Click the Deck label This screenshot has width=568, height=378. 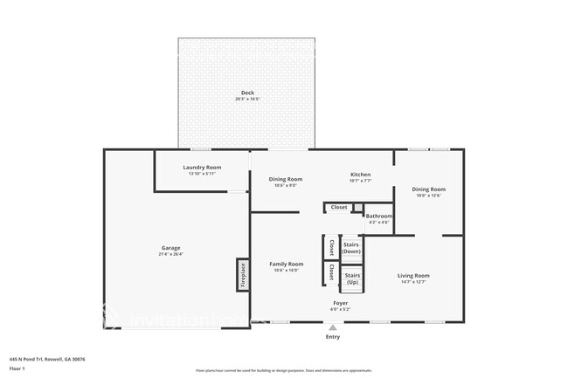click(246, 93)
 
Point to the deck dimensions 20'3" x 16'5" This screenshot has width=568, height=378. click(246, 100)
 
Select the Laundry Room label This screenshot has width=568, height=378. click(202, 167)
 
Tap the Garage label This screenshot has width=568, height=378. click(170, 248)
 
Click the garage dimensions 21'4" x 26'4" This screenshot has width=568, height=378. click(170, 255)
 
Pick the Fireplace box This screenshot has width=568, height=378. click(243, 274)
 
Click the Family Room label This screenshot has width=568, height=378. click(286, 264)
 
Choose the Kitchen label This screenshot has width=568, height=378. click(361, 174)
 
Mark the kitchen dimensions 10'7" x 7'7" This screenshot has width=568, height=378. click(361, 181)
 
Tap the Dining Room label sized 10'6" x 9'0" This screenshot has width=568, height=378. click(286, 179)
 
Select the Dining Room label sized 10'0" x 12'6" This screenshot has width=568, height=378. click(428, 189)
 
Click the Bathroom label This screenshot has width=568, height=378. click(378, 216)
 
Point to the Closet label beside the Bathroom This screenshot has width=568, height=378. click(339, 207)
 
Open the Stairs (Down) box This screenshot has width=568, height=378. click(351, 248)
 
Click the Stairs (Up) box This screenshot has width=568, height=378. click(351, 279)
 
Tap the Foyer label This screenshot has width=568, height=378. click(340, 303)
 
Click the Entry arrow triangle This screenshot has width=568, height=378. click(332, 327)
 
